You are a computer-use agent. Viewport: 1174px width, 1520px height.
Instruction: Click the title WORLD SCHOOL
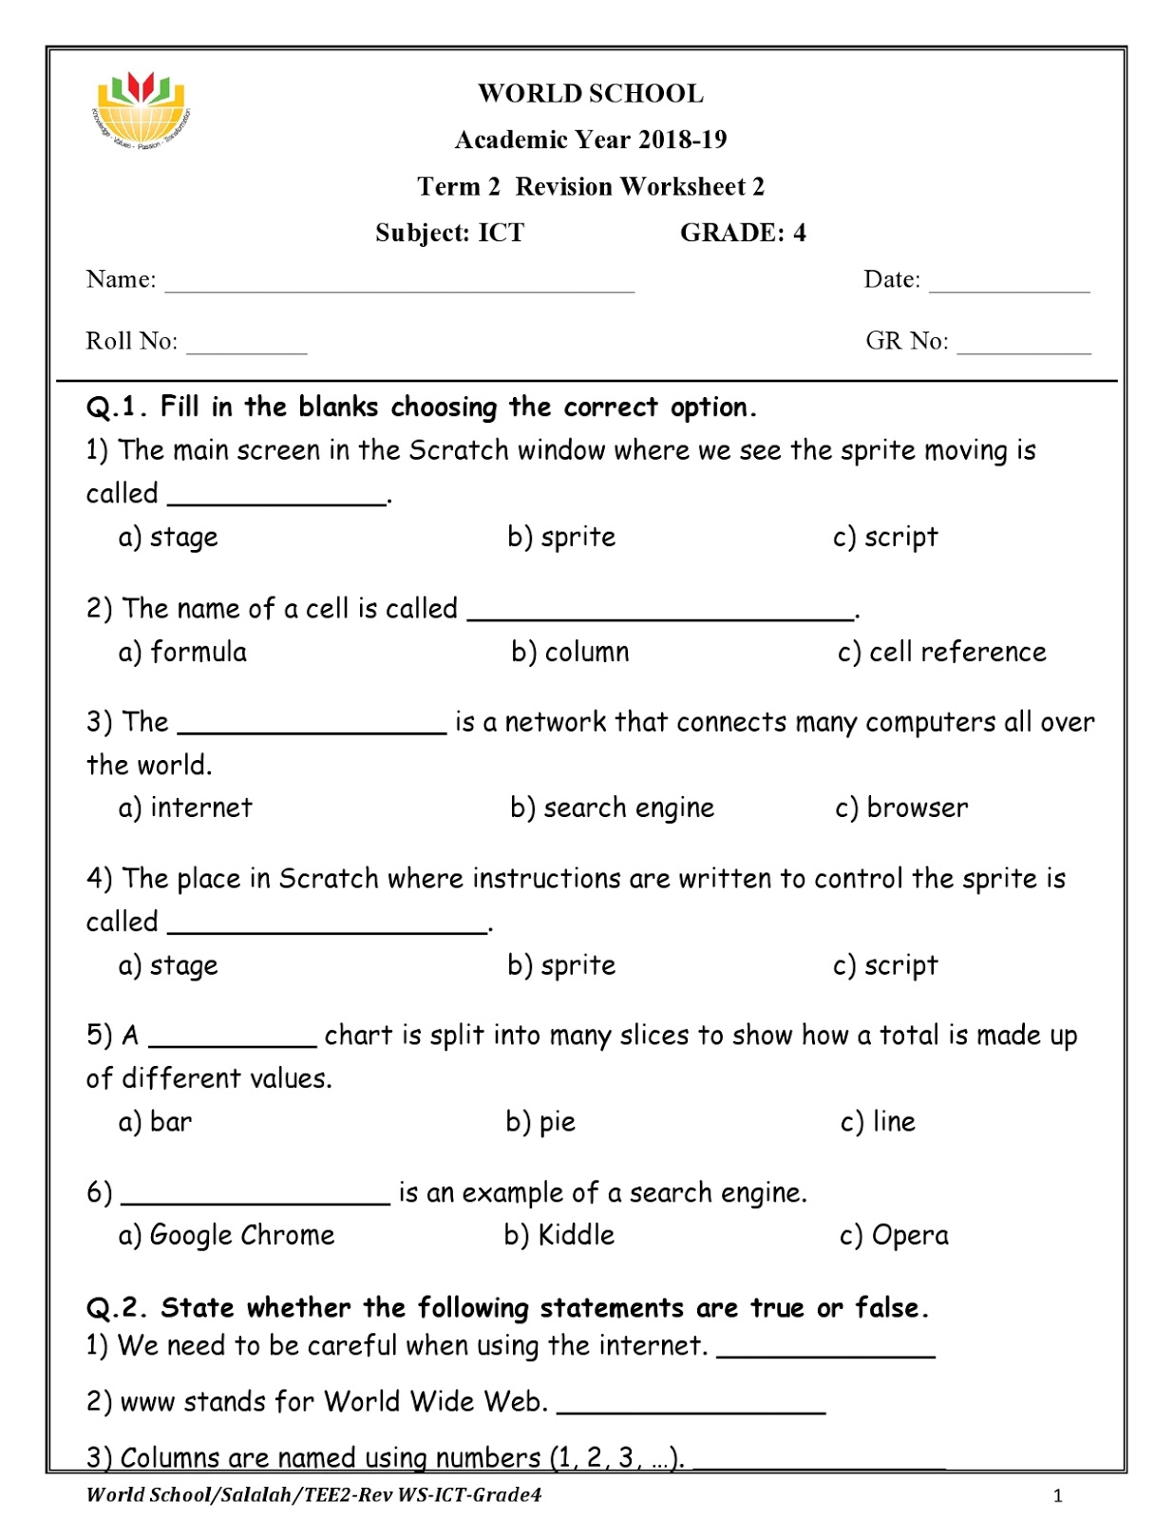tap(590, 93)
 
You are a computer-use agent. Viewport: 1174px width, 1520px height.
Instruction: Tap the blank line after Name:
tap(399, 284)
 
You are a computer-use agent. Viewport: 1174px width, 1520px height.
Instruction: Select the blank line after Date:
tap(1009, 284)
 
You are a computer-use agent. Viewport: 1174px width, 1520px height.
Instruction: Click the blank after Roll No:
tap(247, 346)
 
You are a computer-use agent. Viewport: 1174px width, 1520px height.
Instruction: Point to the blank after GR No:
tap(1024, 346)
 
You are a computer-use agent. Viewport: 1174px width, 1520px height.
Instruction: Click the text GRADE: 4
tap(742, 233)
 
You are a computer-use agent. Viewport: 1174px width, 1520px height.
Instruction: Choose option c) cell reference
tap(941, 652)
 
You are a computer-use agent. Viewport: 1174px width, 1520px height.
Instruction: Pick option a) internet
tap(185, 807)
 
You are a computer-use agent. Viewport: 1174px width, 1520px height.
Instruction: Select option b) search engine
tap(612, 807)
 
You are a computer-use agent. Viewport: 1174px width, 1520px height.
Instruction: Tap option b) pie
tap(540, 1122)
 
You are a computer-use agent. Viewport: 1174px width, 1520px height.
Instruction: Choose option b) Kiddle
tap(559, 1235)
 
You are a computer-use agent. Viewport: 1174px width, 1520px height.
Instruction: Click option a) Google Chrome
tap(226, 1235)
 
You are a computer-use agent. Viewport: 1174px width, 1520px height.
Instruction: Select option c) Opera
tap(894, 1235)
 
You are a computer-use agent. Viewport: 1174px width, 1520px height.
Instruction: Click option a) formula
tap(182, 652)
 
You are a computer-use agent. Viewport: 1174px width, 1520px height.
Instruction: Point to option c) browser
tap(901, 807)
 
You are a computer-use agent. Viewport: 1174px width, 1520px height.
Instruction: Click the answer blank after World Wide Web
tap(691, 1406)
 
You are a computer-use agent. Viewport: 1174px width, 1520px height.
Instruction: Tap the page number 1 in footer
tap(1057, 1496)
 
